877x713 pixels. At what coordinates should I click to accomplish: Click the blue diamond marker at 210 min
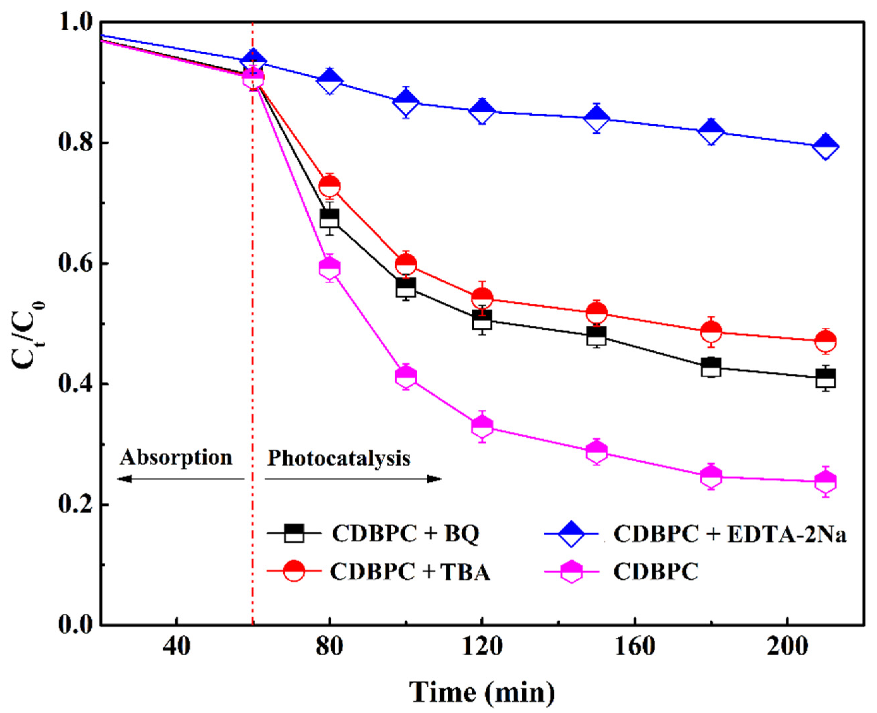pos(826,146)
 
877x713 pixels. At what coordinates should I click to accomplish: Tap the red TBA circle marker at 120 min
pos(482,297)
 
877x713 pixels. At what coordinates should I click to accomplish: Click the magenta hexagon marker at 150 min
pos(596,451)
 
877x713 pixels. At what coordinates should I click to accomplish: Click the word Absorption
pos(176,458)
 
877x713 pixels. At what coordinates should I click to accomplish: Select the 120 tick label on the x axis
pos(482,647)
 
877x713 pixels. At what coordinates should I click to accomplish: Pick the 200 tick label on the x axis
pos(787,647)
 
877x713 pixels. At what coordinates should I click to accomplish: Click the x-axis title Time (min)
pos(482,692)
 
